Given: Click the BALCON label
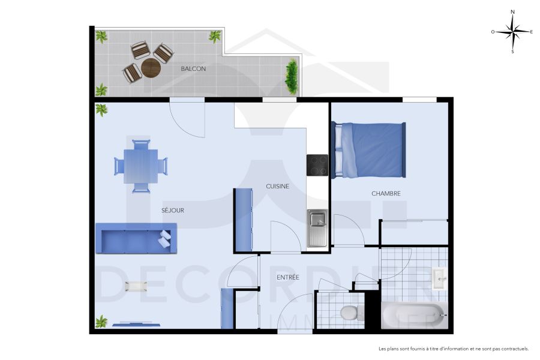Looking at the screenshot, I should click(x=193, y=69).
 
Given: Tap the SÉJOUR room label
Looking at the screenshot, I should click(x=172, y=211).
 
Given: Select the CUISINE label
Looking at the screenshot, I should click(x=277, y=186).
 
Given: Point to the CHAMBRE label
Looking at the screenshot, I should click(x=386, y=193).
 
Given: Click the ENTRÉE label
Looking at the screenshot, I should click(x=288, y=277).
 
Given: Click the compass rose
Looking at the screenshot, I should click(x=512, y=31).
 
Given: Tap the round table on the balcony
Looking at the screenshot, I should click(x=151, y=68).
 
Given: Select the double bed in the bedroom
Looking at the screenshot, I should click(x=368, y=150).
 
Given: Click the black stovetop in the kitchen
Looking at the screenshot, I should click(x=317, y=165).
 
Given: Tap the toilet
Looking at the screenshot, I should click(x=349, y=313).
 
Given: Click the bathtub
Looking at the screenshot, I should click(x=413, y=315).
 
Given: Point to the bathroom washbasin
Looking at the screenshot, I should click(x=439, y=279).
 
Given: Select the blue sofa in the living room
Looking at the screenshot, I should click(x=136, y=238).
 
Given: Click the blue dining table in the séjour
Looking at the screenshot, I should click(x=140, y=166).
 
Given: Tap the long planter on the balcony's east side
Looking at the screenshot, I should click(x=292, y=77).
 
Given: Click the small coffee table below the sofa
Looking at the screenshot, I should click(x=136, y=286).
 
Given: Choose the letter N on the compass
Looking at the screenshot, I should click(x=512, y=11).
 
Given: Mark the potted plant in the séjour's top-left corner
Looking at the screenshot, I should click(x=101, y=110).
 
